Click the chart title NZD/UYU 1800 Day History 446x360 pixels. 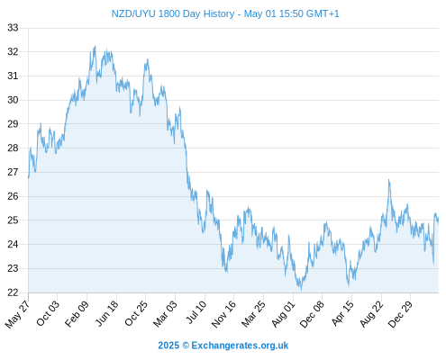tap(173, 13)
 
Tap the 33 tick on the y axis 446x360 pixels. tap(13, 28)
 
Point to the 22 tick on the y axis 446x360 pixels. tap(13, 292)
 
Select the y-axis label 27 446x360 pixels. tap(13, 172)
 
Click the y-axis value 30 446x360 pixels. tap(13, 100)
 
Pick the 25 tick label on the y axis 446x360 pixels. tap(13, 220)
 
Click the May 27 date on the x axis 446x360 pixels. tap(18, 314)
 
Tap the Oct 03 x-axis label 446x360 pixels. tap(48, 313)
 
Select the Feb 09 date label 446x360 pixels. tap(77, 313)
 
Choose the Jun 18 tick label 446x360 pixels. tap(107, 313)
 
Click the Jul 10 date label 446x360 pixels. tap(196, 312)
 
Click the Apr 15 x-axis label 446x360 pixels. tap(342, 313)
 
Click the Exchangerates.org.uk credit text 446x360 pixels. tap(240, 346)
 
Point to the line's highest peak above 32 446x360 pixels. tap(96, 46)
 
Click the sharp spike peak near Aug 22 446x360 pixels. tap(388, 180)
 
